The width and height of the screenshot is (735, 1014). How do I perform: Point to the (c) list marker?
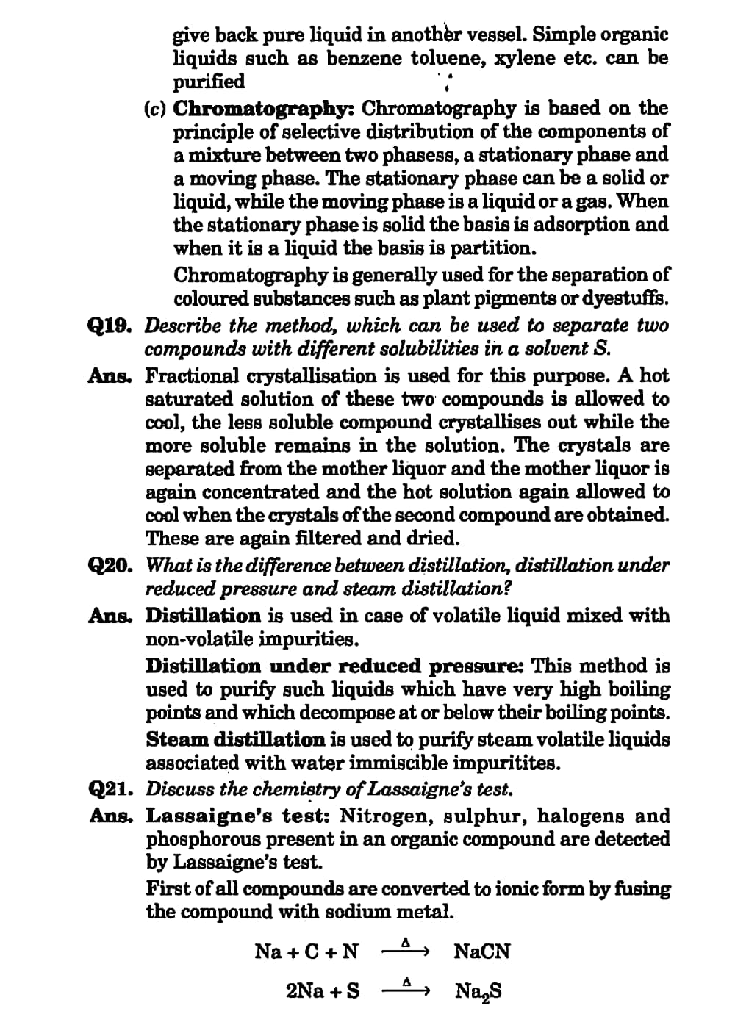click(155, 109)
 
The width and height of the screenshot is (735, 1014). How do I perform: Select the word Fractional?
click(192, 375)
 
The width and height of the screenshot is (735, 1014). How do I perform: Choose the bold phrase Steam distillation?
click(234, 739)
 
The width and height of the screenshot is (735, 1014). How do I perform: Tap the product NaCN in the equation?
click(481, 952)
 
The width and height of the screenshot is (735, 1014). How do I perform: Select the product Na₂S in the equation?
click(478, 992)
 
